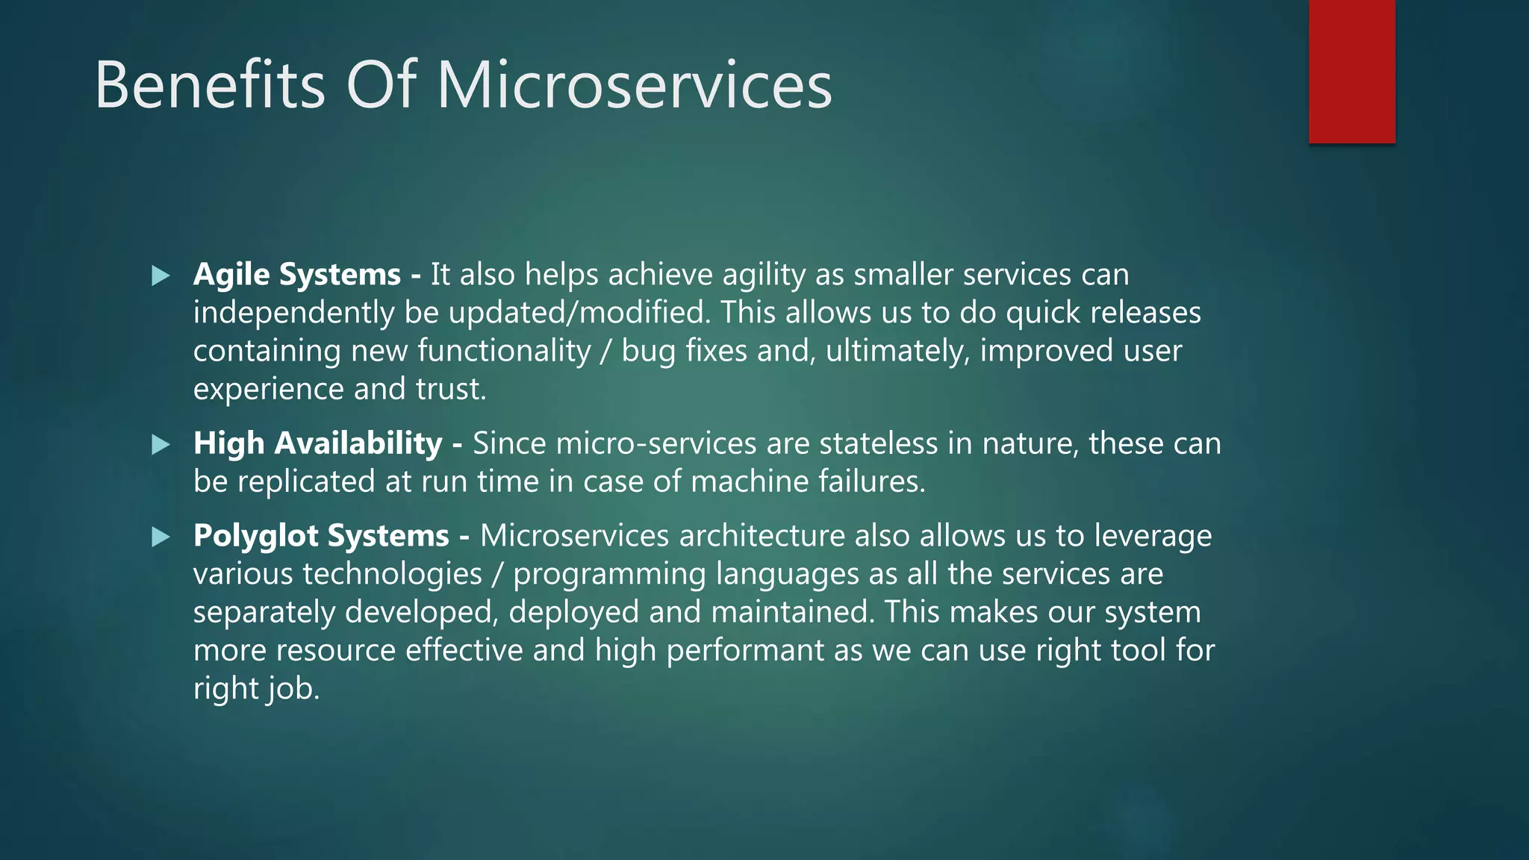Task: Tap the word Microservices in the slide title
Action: tap(634, 85)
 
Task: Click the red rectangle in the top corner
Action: tap(1351, 71)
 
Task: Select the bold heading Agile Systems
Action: tap(297, 275)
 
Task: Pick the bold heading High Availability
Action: tap(318, 443)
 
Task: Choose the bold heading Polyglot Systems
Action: tap(321, 536)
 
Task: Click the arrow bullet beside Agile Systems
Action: tap(161, 276)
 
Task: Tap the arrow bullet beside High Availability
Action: tap(161, 445)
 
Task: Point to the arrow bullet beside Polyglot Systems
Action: tap(161, 537)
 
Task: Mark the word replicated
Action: tap(306, 482)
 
